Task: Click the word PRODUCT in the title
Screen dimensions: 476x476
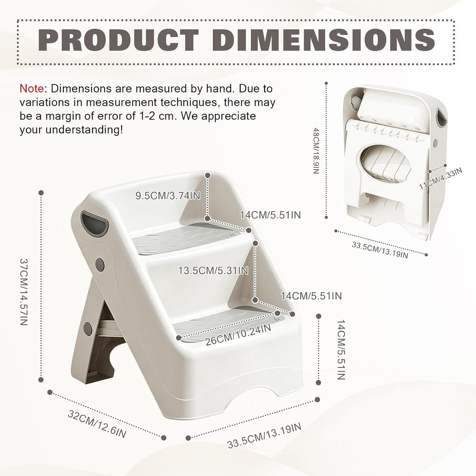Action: (x=119, y=40)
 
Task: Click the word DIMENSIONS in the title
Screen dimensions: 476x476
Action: (x=324, y=40)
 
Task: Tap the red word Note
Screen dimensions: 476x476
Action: (x=32, y=89)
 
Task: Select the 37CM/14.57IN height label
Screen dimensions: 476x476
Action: (x=24, y=292)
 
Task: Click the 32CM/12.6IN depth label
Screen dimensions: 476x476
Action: (x=97, y=424)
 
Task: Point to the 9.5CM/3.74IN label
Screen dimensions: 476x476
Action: (x=168, y=196)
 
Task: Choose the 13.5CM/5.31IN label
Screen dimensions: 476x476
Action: (x=213, y=271)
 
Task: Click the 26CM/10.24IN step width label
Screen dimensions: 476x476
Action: (x=238, y=334)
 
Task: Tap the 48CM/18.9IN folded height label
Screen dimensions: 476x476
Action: (x=316, y=151)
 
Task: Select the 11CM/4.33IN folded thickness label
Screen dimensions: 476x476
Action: (x=440, y=178)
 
